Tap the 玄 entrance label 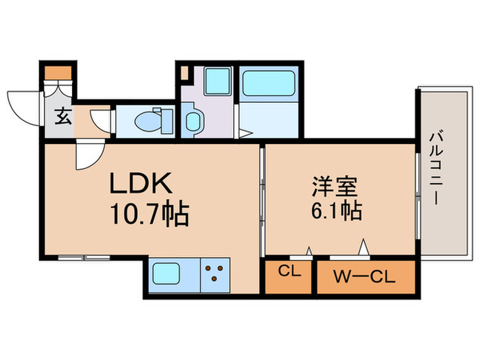tap(61, 117)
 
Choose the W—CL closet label tap(365, 277)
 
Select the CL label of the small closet tap(289, 272)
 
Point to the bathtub tap(268, 84)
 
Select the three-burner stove tap(217, 274)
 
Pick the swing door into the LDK tap(88, 155)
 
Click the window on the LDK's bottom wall tap(84, 258)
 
